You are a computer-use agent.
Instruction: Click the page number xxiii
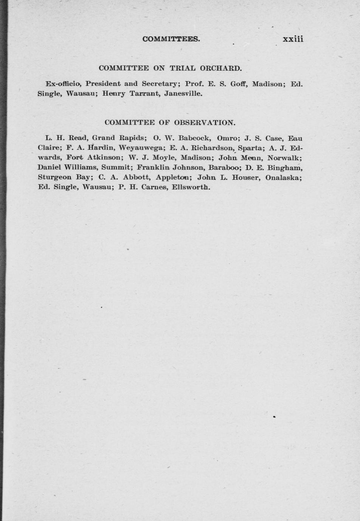293,39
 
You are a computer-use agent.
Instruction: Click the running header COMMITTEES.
171,39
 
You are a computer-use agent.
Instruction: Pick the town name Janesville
183,93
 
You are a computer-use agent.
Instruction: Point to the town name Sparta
250,148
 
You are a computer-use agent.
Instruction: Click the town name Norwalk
284,158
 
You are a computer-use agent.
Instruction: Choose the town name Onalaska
283,177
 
